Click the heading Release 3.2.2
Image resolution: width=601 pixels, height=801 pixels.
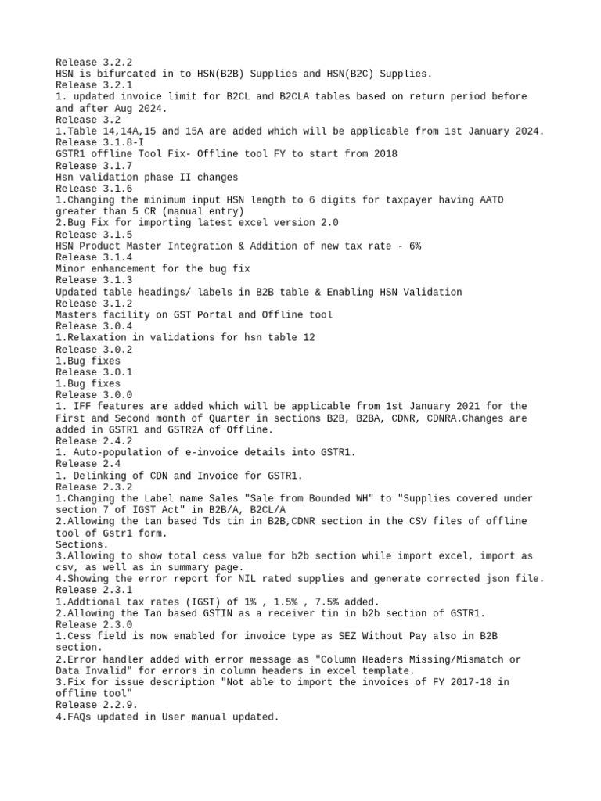94,62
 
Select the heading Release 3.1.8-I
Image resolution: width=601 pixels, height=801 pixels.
99,142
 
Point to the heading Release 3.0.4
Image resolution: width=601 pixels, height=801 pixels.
94,326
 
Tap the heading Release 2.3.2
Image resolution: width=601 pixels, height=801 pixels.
94,487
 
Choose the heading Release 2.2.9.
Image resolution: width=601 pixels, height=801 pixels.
97,705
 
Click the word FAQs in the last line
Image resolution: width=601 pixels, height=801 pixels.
80,717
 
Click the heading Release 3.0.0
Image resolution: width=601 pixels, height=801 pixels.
94,395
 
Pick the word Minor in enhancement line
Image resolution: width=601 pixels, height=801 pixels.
70,268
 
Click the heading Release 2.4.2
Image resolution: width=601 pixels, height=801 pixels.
94,441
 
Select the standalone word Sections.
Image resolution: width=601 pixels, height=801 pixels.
82,544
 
